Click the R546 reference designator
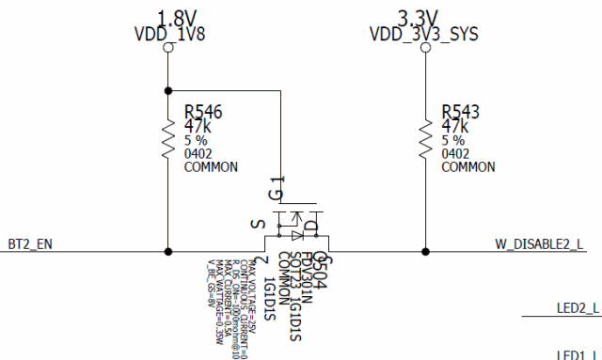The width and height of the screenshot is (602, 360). [204, 112]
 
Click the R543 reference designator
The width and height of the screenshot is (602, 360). [461, 112]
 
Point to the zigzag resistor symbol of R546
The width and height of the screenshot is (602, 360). [168, 140]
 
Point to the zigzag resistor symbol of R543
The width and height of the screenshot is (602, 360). [426, 140]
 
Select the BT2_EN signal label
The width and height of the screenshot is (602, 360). [29, 243]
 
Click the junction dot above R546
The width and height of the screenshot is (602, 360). [168, 90]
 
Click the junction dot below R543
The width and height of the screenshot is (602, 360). [426, 252]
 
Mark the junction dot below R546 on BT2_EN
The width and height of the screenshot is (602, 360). [168, 252]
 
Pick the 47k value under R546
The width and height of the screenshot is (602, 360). [198, 127]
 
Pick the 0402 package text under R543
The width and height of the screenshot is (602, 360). [455, 153]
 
